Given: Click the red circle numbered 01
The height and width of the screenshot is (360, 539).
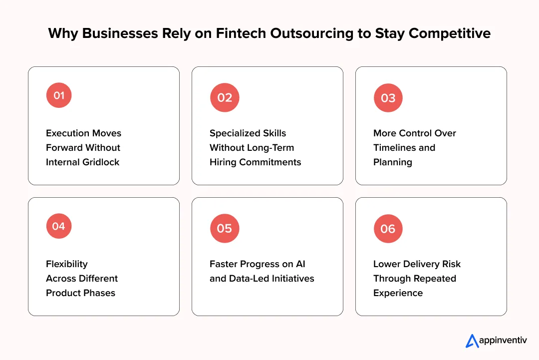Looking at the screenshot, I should point(59,95).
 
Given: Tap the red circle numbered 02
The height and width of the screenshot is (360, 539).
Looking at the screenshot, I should point(225,97).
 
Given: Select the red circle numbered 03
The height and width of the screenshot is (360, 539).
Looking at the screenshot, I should point(388,98).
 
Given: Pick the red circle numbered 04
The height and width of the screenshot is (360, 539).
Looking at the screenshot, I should point(59,226).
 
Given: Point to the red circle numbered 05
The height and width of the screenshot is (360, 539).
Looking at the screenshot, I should point(225,228).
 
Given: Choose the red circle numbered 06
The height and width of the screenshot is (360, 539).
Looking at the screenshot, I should point(388,229).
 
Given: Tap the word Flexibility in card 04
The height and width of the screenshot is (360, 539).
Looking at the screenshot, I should point(67,264).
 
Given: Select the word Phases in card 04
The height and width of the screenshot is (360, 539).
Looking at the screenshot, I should point(100,293).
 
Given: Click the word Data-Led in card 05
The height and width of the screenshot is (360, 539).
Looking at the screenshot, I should point(250,279).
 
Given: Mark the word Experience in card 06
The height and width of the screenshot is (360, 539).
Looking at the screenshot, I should point(398,293).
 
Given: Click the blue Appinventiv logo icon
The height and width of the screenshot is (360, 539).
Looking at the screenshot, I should point(472,341).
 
